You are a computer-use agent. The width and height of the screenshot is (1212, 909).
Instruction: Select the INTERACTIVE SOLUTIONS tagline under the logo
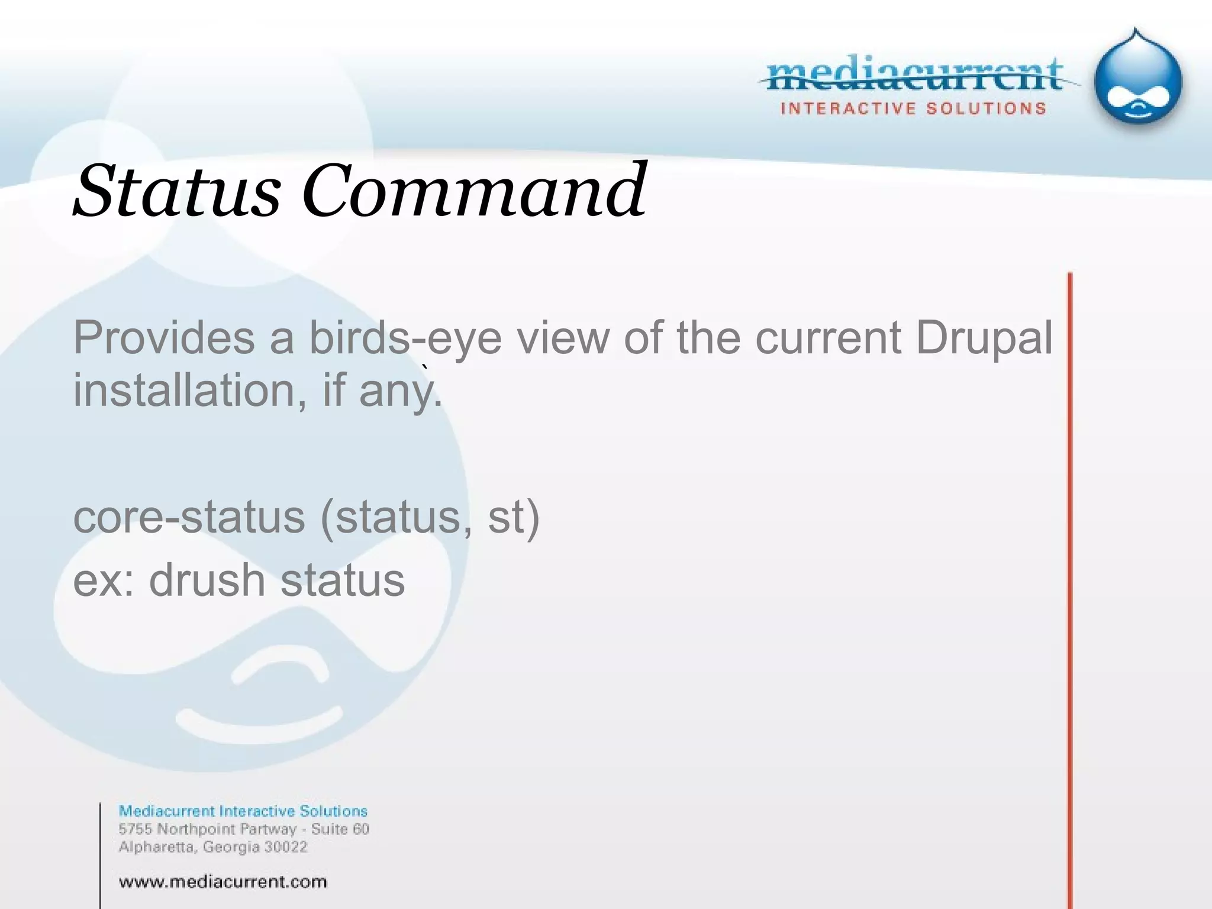[x=913, y=109]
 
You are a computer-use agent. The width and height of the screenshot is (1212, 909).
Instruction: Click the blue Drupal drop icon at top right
[x=1137, y=80]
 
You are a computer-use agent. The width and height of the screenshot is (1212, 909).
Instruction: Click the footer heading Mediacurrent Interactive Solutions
[x=243, y=811]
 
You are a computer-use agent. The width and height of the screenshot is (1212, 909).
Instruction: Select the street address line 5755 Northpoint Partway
[x=207, y=829]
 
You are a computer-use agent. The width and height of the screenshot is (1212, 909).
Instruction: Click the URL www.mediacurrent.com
[x=223, y=882]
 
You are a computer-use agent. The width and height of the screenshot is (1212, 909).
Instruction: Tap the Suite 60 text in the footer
[x=340, y=829]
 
